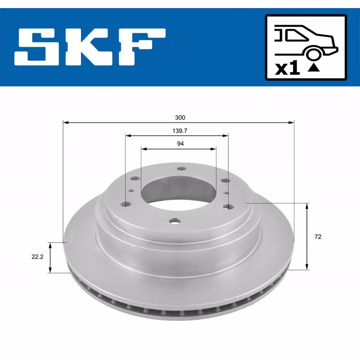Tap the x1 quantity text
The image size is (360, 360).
(x=288, y=68)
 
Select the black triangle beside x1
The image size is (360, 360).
(x=313, y=68)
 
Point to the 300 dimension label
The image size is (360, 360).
(x=180, y=117)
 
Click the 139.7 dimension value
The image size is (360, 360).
(x=180, y=131)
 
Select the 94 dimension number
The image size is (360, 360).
(x=180, y=144)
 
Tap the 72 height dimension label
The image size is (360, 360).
(x=318, y=237)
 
